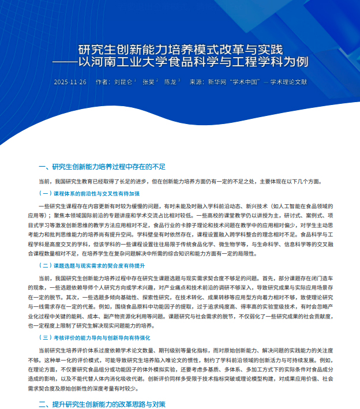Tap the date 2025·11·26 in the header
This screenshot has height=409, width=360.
pos(70,82)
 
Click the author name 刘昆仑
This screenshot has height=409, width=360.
pos(123,82)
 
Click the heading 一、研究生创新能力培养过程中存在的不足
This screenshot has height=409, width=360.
pos(102,167)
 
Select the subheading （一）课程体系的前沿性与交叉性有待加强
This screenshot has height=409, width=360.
pos(89,193)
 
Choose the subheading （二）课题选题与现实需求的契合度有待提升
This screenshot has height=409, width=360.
pos(92,265)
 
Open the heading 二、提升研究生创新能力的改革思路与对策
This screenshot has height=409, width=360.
pos(102,404)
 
